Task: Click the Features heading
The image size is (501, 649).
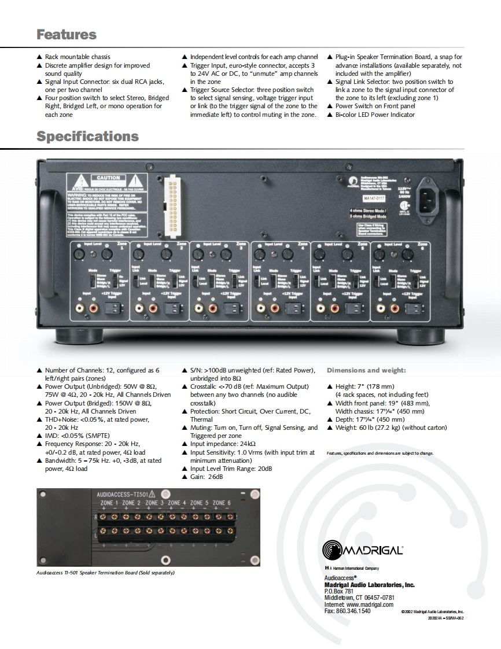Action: click(66, 34)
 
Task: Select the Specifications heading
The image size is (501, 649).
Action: click(87, 137)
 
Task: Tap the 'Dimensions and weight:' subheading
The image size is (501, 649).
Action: click(366, 370)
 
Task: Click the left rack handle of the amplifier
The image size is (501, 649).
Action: click(47, 249)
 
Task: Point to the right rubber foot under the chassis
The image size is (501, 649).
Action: click(421, 336)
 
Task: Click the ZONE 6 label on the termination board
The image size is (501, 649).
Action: click(221, 503)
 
